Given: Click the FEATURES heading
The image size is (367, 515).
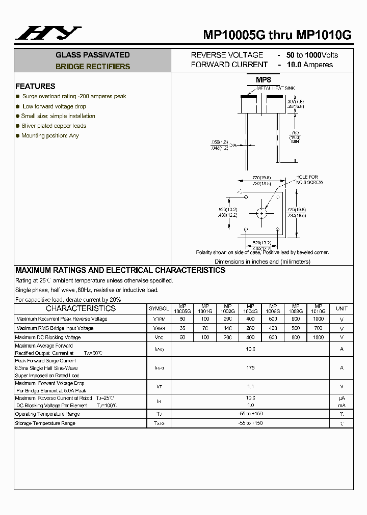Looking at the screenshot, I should click(x=35, y=87).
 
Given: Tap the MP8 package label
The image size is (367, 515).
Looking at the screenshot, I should click(x=263, y=80).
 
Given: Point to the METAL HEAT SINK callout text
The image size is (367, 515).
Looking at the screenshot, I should click(x=276, y=88).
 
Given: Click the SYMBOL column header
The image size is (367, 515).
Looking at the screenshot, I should click(x=159, y=308).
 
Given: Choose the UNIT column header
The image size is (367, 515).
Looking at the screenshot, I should click(x=342, y=308).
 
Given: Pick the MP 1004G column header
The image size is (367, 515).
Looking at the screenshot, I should click(x=250, y=308).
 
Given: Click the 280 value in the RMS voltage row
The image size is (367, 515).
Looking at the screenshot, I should click(x=250, y=328).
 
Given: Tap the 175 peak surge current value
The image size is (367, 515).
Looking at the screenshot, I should click(x=250, y=368).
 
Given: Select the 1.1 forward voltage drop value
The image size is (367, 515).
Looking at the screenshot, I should click(x=250, y=387).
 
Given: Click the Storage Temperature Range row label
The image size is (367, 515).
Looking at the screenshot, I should click(x=45, y=423).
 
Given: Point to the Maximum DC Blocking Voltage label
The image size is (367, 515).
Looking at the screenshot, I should click(x=48, y=337).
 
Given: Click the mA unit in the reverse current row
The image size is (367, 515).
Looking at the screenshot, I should click(x=342, y=406).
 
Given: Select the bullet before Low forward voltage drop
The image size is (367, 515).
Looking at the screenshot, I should click(x=18, y=106).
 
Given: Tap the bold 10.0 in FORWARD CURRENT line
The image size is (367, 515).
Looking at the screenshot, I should click(x=294, y=65).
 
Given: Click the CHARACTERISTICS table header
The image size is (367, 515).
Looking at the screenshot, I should click(x=81, y=308).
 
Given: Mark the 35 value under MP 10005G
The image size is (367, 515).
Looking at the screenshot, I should click(x=182, y=328).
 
